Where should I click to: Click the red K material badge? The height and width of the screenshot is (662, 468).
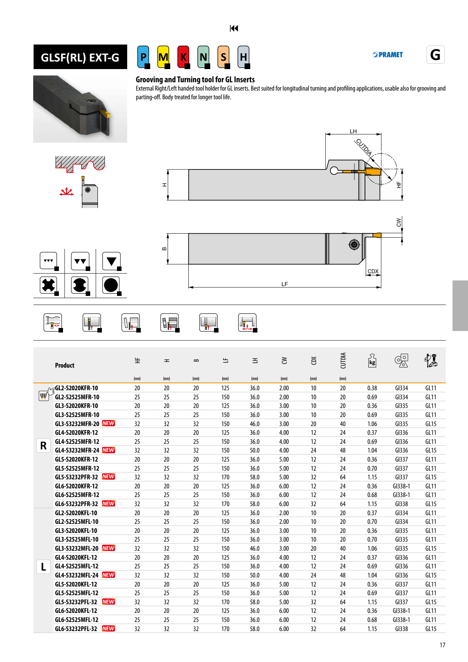(x=183, y=57)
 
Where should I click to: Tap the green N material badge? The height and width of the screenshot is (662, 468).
(x=203, y=57)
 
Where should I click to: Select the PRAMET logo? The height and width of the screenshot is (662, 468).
(x=388, y=55)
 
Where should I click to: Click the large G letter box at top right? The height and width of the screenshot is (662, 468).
(x=435, y=55)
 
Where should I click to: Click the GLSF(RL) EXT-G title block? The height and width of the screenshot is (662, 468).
(x=80, y=57)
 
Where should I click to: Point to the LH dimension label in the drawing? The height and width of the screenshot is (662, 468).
(x=353, y=131)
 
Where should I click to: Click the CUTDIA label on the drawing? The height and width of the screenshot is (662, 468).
(x=364, y=147)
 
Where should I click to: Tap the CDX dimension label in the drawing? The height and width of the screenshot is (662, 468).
(x=373, y=271)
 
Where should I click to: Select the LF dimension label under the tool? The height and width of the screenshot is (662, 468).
(x=285, y=284)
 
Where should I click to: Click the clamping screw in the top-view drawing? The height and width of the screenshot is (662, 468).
(x=354, y=245)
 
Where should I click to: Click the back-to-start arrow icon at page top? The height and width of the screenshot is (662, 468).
(x=234, y=28)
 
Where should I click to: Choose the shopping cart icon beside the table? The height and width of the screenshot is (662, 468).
(x=43, y=396)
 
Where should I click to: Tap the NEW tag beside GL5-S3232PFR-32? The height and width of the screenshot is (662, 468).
(x=108, y=477)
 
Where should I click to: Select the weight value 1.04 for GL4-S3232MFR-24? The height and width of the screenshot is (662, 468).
(x=372, y=450)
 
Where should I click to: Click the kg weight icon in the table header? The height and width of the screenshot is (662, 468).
(x=372, y=361)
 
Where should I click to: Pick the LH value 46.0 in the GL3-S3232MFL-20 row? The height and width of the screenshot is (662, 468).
(x=255, y=548)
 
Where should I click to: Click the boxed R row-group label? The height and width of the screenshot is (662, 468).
(x=43, y=446)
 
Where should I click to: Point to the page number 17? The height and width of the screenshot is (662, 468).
(x=442, y=645)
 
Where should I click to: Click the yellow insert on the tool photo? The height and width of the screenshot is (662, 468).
(x=106, y=113)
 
